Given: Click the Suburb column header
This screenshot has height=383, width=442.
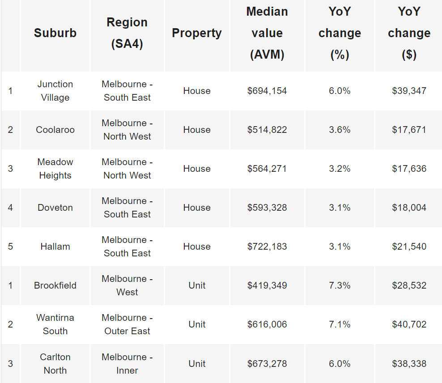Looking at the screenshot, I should tap(55, 33).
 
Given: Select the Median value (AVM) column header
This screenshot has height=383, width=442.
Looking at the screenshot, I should tap(267, 33).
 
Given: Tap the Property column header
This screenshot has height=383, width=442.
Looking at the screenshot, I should tap(196, 33).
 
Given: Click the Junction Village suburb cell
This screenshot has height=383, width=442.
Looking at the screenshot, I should tap(55, 91).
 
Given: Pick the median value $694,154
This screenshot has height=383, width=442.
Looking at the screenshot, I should tap(267, 91).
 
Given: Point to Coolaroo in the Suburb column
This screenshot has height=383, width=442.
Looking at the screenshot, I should tap(55, 130).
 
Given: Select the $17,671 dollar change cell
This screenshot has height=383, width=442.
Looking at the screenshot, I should tap(409, 130).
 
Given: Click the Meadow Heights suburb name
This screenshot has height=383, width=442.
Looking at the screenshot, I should tap(55, 169).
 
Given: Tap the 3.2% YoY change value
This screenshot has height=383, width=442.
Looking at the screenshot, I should tap(340, 169).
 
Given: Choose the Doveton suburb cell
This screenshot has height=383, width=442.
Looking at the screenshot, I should tap(55, 208).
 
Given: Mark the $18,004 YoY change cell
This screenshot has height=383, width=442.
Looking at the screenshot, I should tap(409, 208).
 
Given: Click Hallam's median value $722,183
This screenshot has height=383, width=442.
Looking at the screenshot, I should tap(267, 247).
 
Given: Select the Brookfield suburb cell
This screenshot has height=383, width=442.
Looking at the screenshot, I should tap(55, 285).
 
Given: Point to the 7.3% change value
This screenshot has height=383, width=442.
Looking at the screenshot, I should tap(340, 285).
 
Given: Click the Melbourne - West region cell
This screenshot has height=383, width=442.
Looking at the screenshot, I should tap(127, 285).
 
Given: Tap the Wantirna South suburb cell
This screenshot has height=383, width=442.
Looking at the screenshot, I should tap(55, 324).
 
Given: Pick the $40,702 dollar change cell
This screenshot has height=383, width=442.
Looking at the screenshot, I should tap(409, 324).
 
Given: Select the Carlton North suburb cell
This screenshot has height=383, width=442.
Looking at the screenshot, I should tap(55, 363).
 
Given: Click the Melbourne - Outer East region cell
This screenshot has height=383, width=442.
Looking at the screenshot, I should tap(127, 324).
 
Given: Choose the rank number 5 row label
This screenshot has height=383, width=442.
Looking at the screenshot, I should tap(10, 247).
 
